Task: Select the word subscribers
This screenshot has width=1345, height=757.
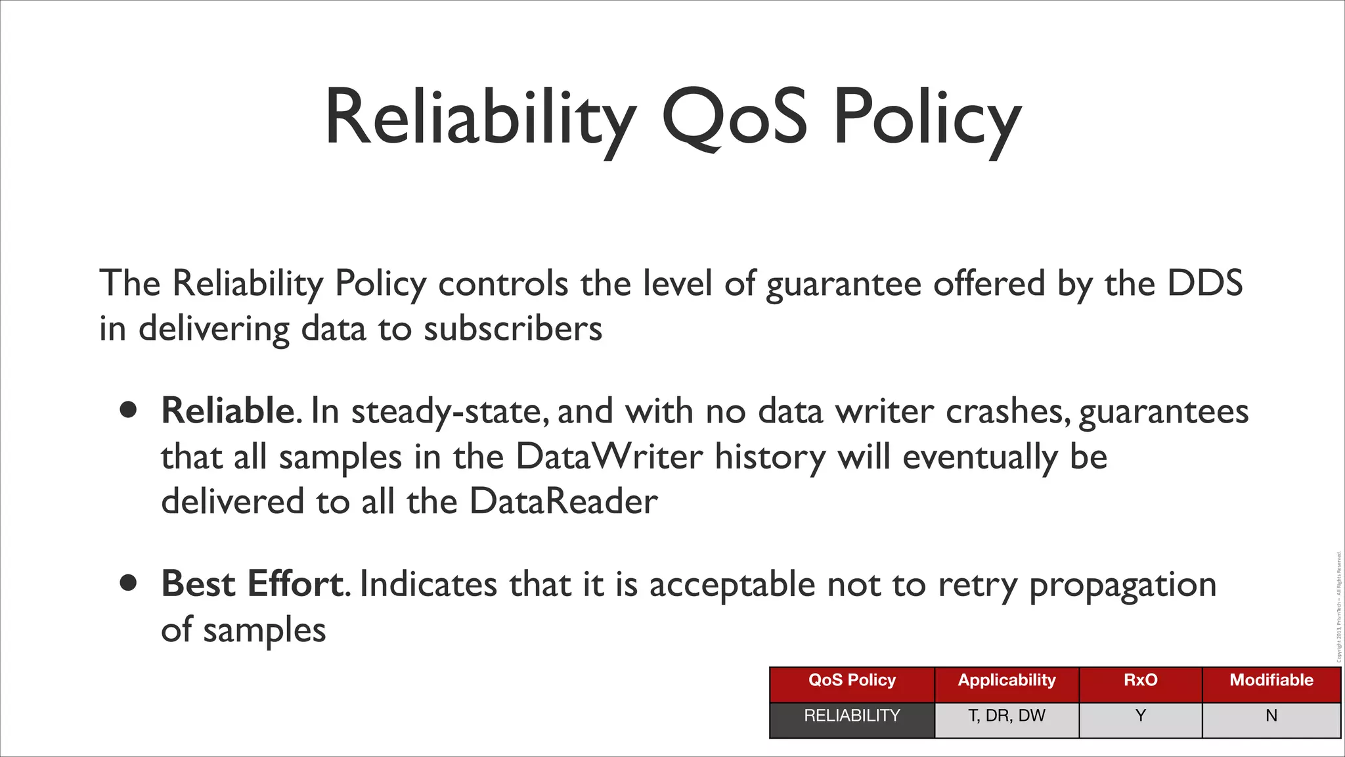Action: [512, 329]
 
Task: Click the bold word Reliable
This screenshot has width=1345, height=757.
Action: [228, 411]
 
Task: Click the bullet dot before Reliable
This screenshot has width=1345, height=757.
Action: [129, 411]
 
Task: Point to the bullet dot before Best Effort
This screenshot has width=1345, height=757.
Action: [129, 583]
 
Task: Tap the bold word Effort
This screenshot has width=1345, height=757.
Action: [295, 584]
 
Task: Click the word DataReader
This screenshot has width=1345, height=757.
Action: [563, 501]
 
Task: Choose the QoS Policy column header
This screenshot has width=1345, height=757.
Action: [852, 680]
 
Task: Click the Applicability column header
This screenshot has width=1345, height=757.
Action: [1006, 680]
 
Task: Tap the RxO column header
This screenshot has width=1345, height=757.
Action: [1140, 680]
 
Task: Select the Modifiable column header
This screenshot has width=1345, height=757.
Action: [1271, 680]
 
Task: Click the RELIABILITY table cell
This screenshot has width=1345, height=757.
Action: [852, 716]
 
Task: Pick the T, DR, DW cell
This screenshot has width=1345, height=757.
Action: [1006, 716]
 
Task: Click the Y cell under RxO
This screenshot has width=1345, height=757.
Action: [1140, 716]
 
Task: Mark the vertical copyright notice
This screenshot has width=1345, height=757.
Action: [1338, 608]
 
